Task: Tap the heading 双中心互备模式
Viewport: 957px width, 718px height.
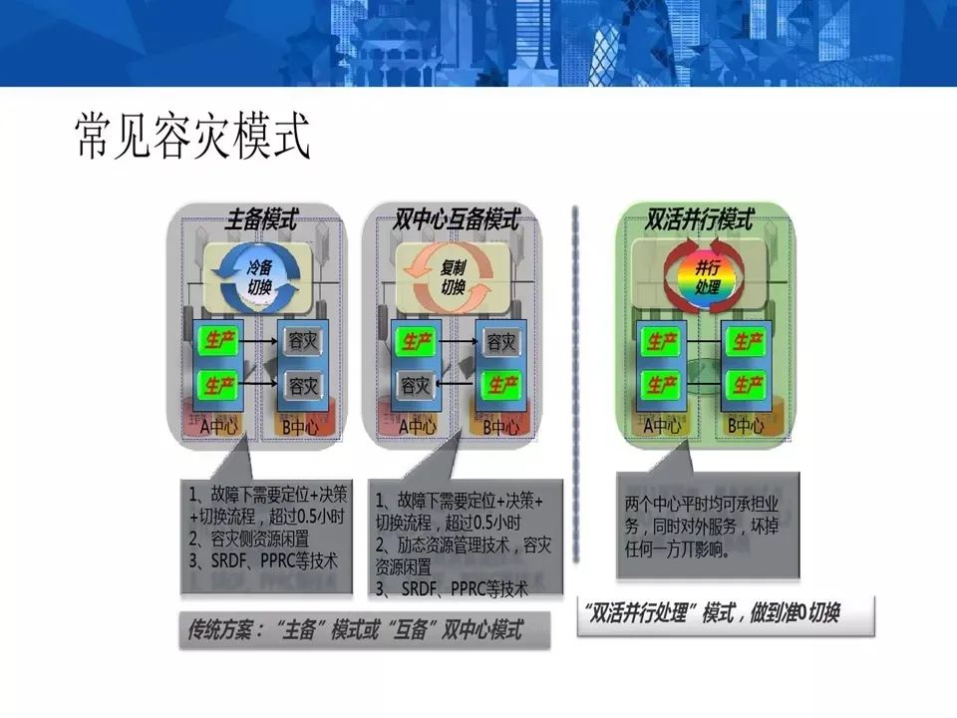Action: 457,218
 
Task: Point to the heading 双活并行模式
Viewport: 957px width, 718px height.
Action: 699,218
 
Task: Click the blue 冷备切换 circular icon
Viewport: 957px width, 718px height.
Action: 259,274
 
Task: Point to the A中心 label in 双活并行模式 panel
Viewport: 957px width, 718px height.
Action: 662,425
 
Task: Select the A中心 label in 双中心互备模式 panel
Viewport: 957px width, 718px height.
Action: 416,427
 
